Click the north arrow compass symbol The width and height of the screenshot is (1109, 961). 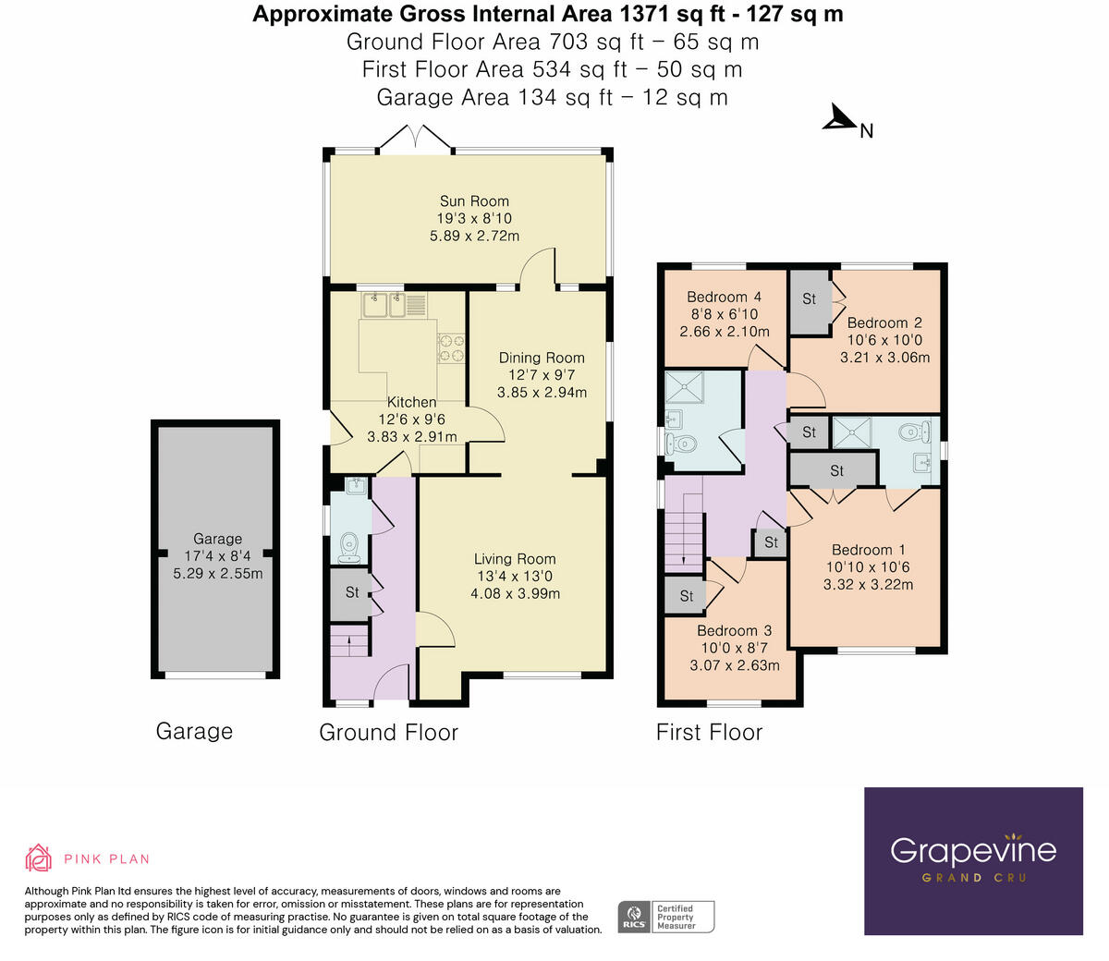pyautogui.click(x=840, y=118)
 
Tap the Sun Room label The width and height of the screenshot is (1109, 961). pyautogui.click(x=474, y=201)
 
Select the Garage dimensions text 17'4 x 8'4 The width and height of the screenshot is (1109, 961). pyautogui.click(x=217, y=556)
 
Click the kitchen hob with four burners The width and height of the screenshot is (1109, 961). pyautogui.click(x=450, y=347)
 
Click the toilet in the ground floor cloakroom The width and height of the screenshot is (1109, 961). pyautogui.click(x=349, y=546)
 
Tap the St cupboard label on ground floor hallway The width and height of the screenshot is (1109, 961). pyautogui.click(x=352, y=591)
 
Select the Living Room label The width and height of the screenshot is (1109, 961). pyautogui.click(x=515, y=558)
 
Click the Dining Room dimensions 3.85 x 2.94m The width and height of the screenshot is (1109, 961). pyautogui.click(x=542, y=392)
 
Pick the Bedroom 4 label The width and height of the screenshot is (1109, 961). pyautogui.click(x=724, y=297)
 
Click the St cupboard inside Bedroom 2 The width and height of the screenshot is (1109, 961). pyautogui.click(x=810, y=299)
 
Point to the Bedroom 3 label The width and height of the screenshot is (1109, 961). pyautogui.click(x=734, y=630)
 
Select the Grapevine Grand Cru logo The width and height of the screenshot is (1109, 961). pyautogui.click(x=973, y=860)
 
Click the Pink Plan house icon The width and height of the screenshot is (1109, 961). pyautogui.click(x=38, y=858)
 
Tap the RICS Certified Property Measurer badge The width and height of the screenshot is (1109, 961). pyautogui.click(x=666, y=917)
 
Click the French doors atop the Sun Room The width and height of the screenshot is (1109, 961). pyautogui.click(x=417, y=138)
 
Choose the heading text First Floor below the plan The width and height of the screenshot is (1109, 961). pyautogui.click(x=709, y=733)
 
